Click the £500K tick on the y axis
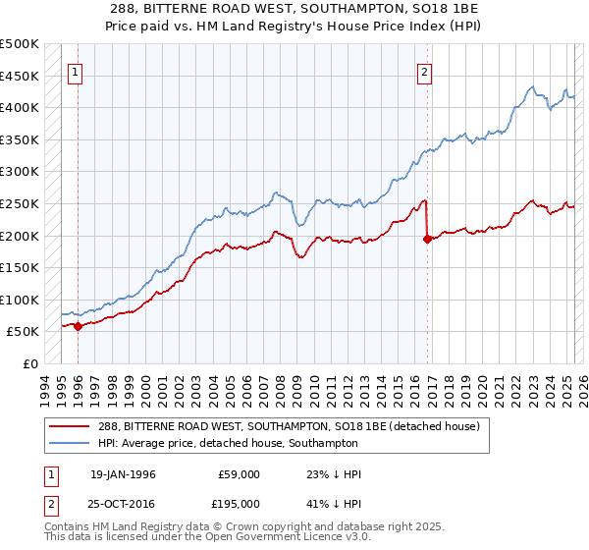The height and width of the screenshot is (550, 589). [20, 44]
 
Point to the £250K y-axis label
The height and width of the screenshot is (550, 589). [20, 203]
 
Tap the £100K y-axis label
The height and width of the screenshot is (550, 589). [20, 300]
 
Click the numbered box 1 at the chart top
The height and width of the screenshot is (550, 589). [76, 71]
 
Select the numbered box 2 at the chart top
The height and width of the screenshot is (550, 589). [425, 71]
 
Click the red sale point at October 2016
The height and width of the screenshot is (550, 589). [427, 239]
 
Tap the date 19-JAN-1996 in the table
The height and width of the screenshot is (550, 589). [123, 474]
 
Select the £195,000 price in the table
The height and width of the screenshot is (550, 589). [239, 502]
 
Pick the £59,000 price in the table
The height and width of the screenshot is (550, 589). [239, 474]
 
